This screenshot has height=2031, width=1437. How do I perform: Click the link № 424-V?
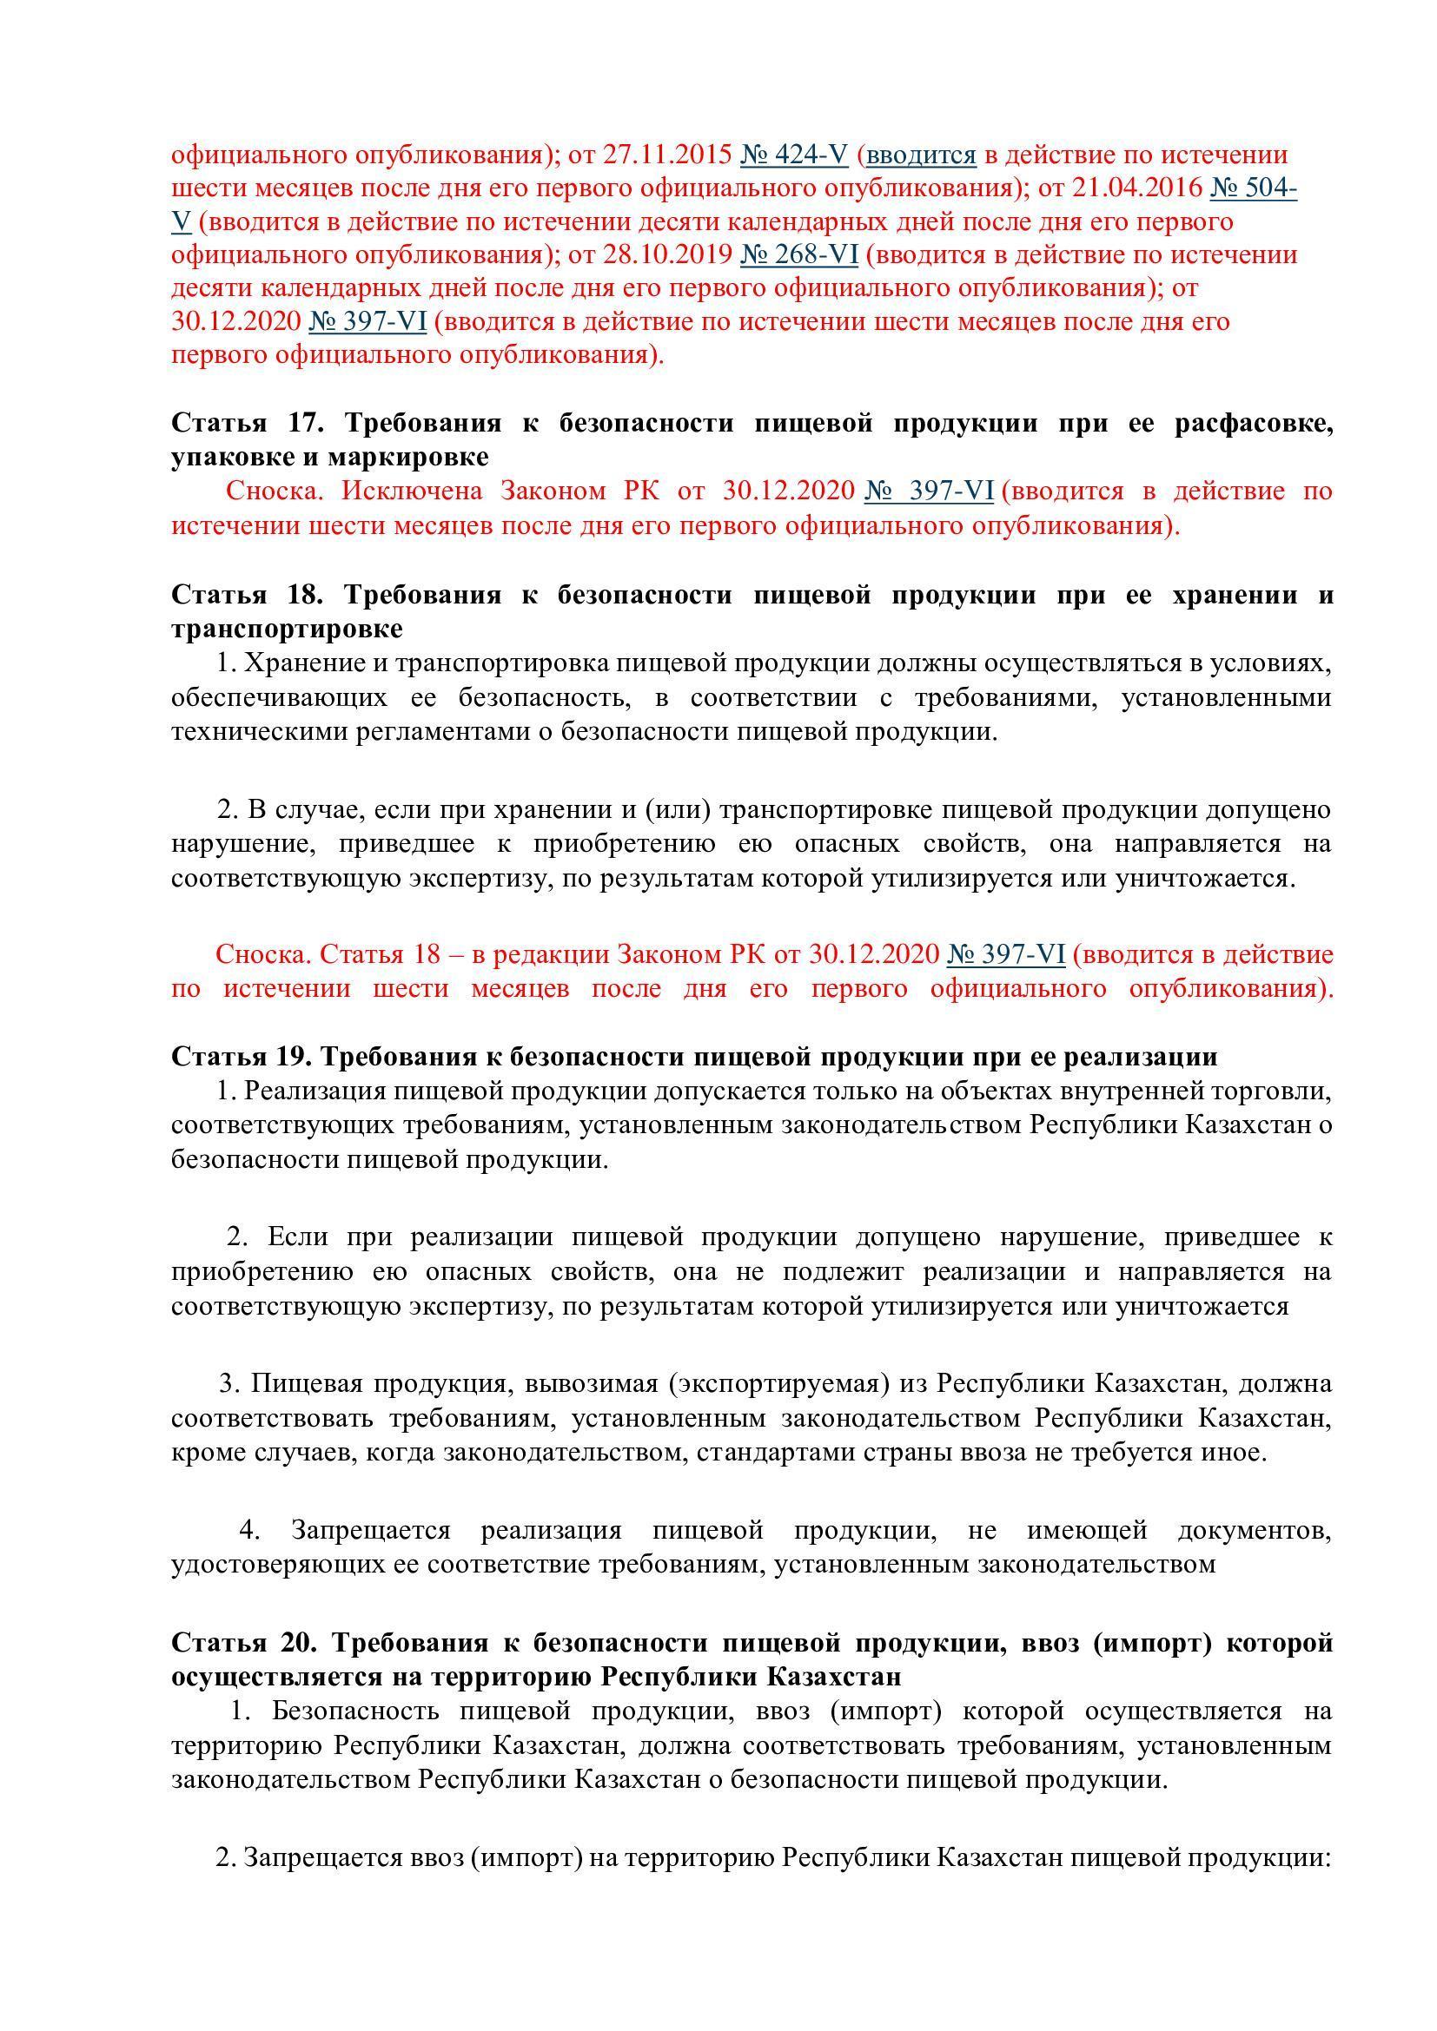pyautogui.click(x=794, y=155)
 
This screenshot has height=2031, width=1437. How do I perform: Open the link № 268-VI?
pyautogui.click(x=798, y=254)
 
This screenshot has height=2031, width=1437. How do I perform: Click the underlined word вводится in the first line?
pyautogui.click(x=920, y=155)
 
